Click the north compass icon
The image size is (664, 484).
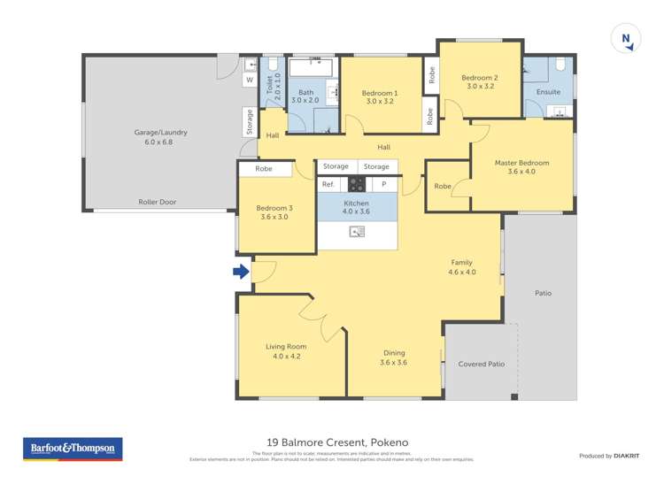(x=626, y=39)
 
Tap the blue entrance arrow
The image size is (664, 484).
(x=241, y=272)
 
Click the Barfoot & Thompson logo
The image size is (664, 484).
(x=73, y=449)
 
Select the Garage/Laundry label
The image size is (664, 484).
(x=160, y=133)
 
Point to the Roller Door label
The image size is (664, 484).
(x=157, y=202)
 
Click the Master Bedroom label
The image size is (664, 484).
(x=521, y=163)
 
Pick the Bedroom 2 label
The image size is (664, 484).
(x=479, y=78)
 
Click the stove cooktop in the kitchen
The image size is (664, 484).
(x=357, y=184)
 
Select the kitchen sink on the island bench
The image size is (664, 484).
(x=357, y=232)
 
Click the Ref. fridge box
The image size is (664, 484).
(x=328, y=184)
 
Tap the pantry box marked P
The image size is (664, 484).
(x=384, y=184)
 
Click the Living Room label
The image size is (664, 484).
(x=286, y=347)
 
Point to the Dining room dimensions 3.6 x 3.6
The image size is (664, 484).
(x=393, y=362)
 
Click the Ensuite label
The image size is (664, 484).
(x=548, y=92)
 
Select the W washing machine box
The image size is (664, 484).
(x=249, y=81)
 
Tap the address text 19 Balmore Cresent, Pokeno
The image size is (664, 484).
(x=337, y=442)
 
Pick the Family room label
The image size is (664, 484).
(x=461, y=263)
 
